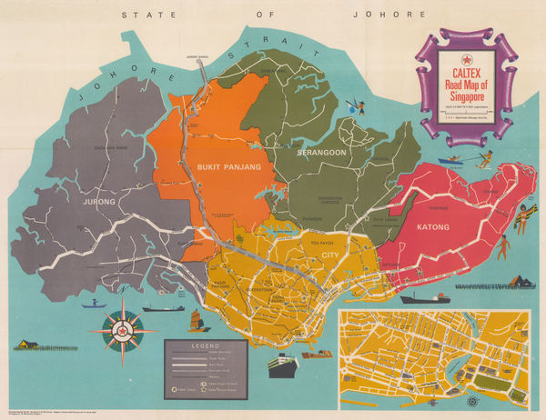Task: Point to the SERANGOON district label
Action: click(x=321, y=153)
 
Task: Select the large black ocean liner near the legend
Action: click(x=283, y=365)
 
